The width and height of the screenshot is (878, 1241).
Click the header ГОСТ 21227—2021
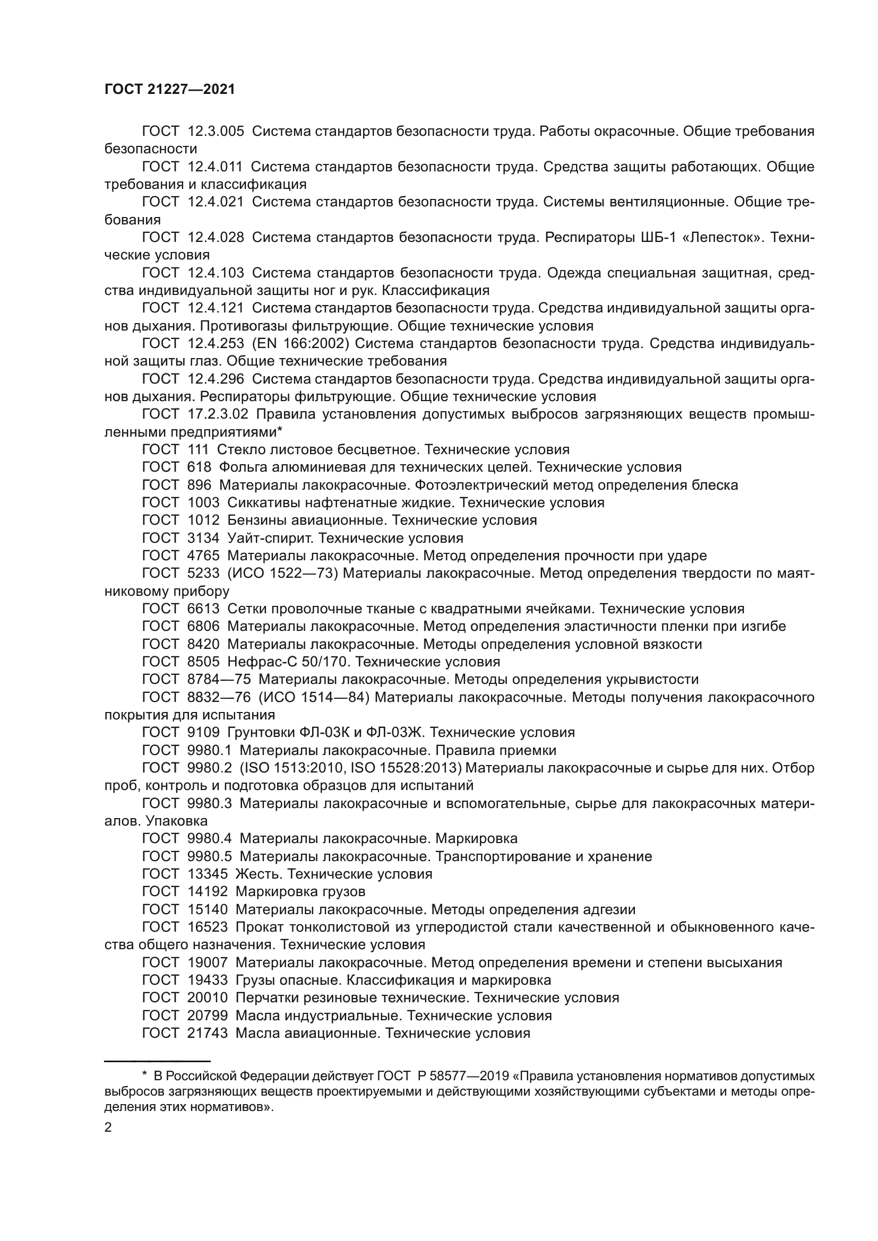pyautogui.click(x=170, y=90)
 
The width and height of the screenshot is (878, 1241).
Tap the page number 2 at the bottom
pyautogui.click(x=108, y=1127)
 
